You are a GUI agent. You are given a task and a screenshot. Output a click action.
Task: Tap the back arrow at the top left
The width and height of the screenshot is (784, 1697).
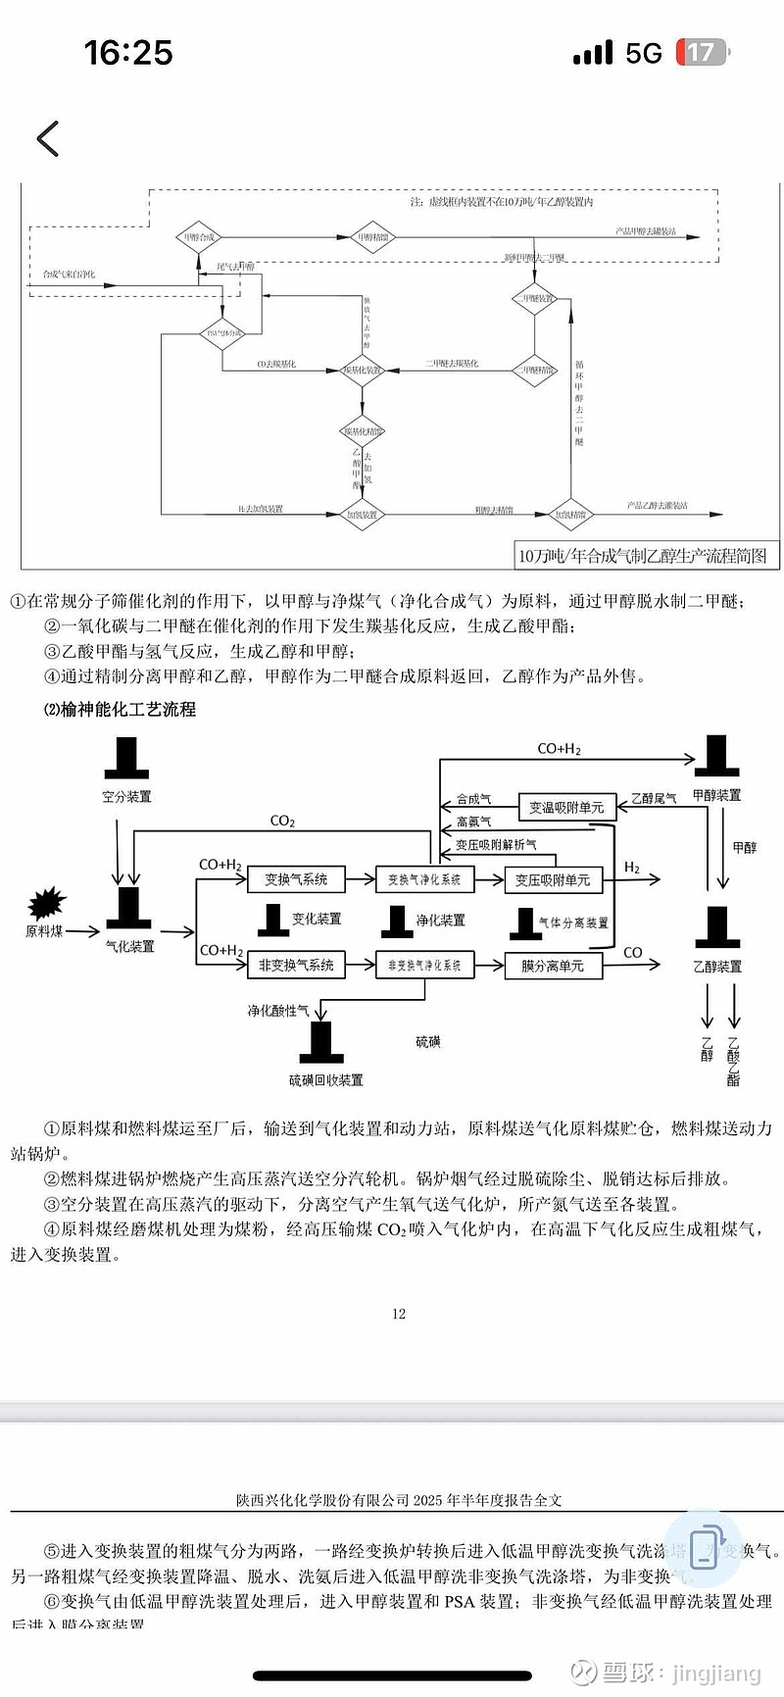point(48,138)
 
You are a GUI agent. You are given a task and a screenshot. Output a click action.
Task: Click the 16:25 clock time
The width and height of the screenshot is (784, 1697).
point(128,53)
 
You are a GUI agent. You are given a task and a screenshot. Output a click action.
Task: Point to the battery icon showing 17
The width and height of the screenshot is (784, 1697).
point(702,53)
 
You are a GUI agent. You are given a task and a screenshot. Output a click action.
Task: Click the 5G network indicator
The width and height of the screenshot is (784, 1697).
point(644,53)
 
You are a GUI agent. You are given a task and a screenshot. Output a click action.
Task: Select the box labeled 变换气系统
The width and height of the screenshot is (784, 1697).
point(296,879)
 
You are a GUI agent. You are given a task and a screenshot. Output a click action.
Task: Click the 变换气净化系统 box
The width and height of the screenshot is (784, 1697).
point(424,879)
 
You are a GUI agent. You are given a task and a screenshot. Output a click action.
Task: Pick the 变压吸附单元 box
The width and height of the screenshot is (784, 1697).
point(553,880)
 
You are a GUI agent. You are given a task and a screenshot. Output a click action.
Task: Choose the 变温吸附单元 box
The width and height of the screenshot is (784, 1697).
point(566,807)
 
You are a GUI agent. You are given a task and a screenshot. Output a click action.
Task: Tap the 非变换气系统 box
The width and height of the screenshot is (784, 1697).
point(296,965)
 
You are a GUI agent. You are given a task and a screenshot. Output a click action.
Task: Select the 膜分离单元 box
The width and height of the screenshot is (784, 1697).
point(553,966)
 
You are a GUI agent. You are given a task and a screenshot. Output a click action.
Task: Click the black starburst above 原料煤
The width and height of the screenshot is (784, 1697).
point(46,902)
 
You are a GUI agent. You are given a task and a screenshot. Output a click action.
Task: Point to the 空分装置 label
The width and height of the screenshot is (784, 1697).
point(126,796)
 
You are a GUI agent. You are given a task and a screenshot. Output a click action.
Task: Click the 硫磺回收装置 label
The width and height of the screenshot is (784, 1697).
point(325,1079)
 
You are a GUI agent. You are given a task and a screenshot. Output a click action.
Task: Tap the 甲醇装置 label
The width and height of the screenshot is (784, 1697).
point(716,795)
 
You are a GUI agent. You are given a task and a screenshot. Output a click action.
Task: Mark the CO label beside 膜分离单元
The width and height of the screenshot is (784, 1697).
point(633,952)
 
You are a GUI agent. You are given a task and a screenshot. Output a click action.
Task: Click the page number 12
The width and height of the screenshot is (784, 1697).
point(399,1314)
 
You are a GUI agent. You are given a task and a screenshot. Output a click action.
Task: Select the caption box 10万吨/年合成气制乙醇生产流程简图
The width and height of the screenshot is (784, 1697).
point(642,556)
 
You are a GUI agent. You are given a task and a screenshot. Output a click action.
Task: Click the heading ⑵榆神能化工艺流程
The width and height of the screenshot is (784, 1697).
point(119,709)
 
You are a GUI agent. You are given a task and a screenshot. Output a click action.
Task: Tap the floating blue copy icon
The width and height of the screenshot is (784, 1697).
point(703,1549)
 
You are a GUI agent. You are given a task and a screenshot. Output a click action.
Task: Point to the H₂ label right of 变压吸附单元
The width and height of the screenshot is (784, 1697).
point(632,868)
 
